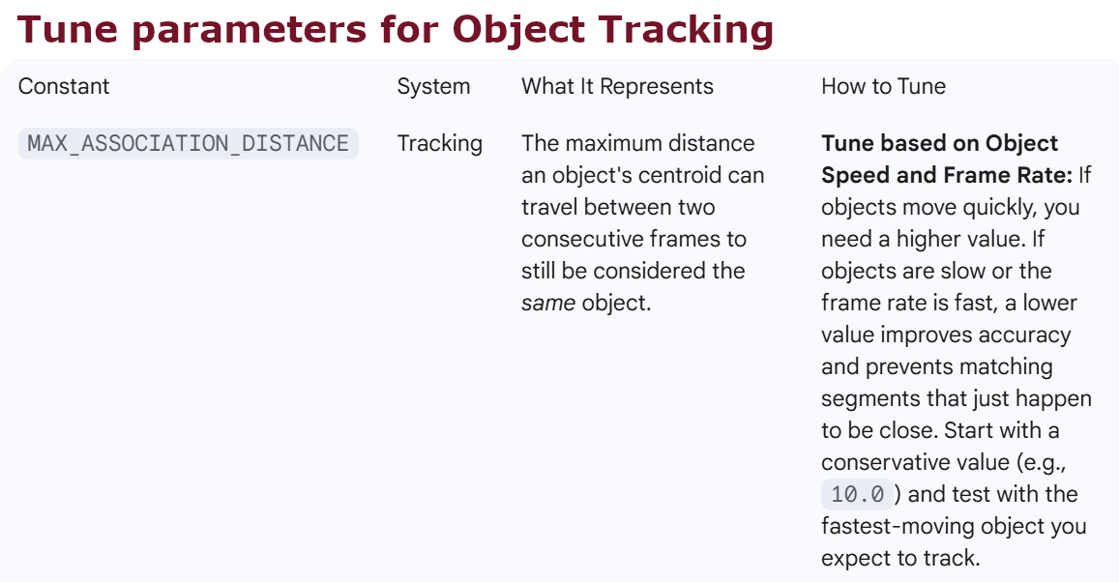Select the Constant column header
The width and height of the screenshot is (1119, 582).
point(64,86)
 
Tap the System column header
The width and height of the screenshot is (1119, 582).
point(433,86)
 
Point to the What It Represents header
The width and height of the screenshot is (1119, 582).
point(617,86)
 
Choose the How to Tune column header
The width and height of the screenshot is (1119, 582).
point(883,86)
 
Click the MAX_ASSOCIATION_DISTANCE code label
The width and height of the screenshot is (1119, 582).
point(188,144)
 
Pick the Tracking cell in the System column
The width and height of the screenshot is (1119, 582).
point(439,144)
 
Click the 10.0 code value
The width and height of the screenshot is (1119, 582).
point(857,495)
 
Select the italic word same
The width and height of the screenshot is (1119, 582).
point(547,303)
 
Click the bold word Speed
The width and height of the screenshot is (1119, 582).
point(854,175)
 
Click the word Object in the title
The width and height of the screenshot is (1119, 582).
point(518,31)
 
